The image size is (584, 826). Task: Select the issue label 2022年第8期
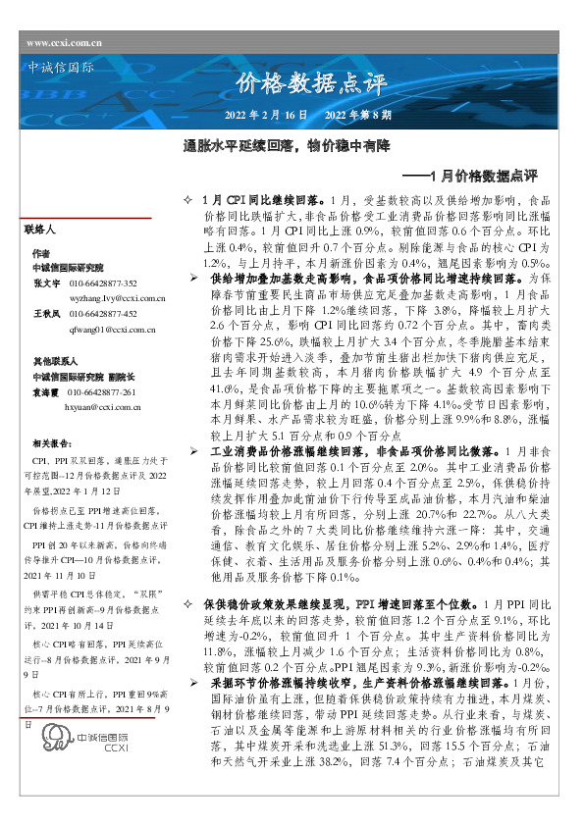(357, 116)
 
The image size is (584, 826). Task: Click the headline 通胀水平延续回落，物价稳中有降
(288, 146)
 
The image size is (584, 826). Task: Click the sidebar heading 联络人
(45, 229)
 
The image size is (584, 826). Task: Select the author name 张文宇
(45, 284)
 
